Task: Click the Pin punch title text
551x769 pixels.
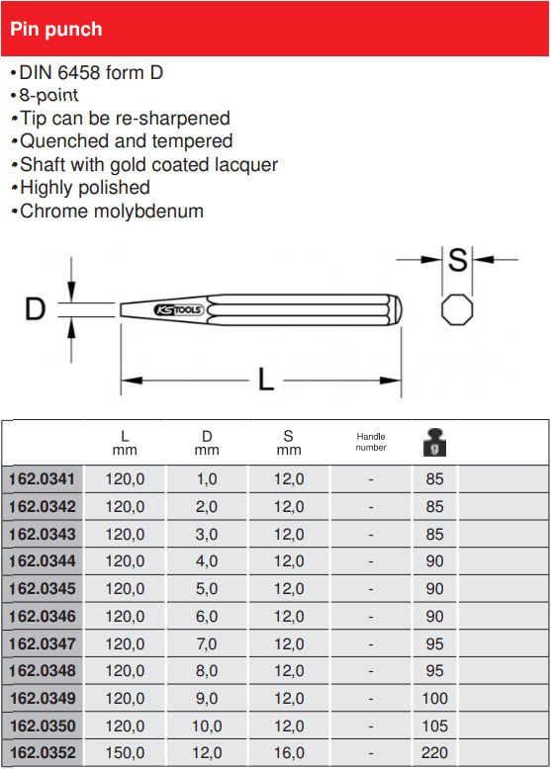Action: (x=56, y=30)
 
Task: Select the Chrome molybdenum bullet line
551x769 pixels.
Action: (x=107, y=212)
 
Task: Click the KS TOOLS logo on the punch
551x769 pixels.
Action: (x=178, y=310)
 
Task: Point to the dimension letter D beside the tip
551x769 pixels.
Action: (x=35, y=309)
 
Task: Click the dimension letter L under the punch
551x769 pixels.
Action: (x=265, y=380)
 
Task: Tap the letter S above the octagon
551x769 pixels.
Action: (x=457, y=260)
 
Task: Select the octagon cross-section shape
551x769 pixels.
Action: (x=457, y=310)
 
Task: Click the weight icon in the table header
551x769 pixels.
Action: (x=434, y=443)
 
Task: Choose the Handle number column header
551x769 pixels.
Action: (x=371, y=442)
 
